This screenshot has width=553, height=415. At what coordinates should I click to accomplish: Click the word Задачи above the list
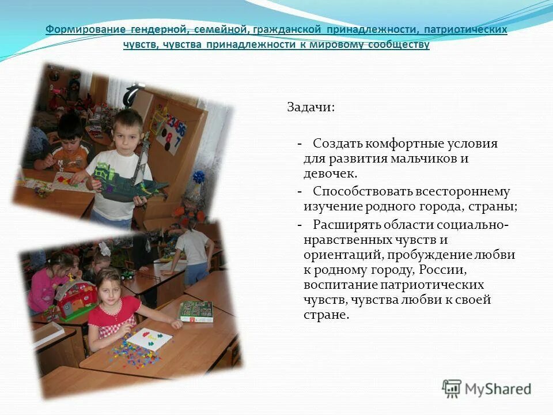point(310,108)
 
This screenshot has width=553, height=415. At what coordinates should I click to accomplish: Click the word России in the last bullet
point(441,269)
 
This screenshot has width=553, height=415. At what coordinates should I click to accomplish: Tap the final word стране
point(326,315)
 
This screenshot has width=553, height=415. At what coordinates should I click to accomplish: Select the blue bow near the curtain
point(199,176)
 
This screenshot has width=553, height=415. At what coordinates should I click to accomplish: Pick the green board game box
point(196,311)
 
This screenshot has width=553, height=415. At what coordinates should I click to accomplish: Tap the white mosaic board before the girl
point(149,339)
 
